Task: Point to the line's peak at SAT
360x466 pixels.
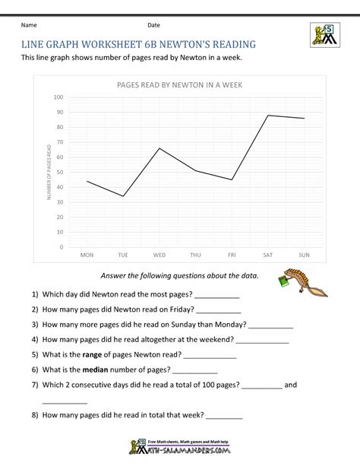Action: [x=268, y=116]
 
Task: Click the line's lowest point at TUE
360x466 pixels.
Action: [x=123, y=196]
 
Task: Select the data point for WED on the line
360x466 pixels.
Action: [x=159, y=148]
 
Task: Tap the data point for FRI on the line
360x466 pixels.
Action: [x=232, y=179]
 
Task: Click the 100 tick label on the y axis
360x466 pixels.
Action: [x=58, y=98]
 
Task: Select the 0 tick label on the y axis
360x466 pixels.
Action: [x=62, y=247]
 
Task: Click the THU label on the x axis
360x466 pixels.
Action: [x=195, y=255]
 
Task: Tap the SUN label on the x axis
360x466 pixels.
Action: [x=304, y=255]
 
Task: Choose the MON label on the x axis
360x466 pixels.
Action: [x=87, y=255]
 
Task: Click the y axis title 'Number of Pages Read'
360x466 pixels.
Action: [x=49, y=173]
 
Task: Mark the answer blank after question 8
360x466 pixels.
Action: [x=225, y=417]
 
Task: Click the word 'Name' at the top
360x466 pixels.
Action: [x=30, y=25]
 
